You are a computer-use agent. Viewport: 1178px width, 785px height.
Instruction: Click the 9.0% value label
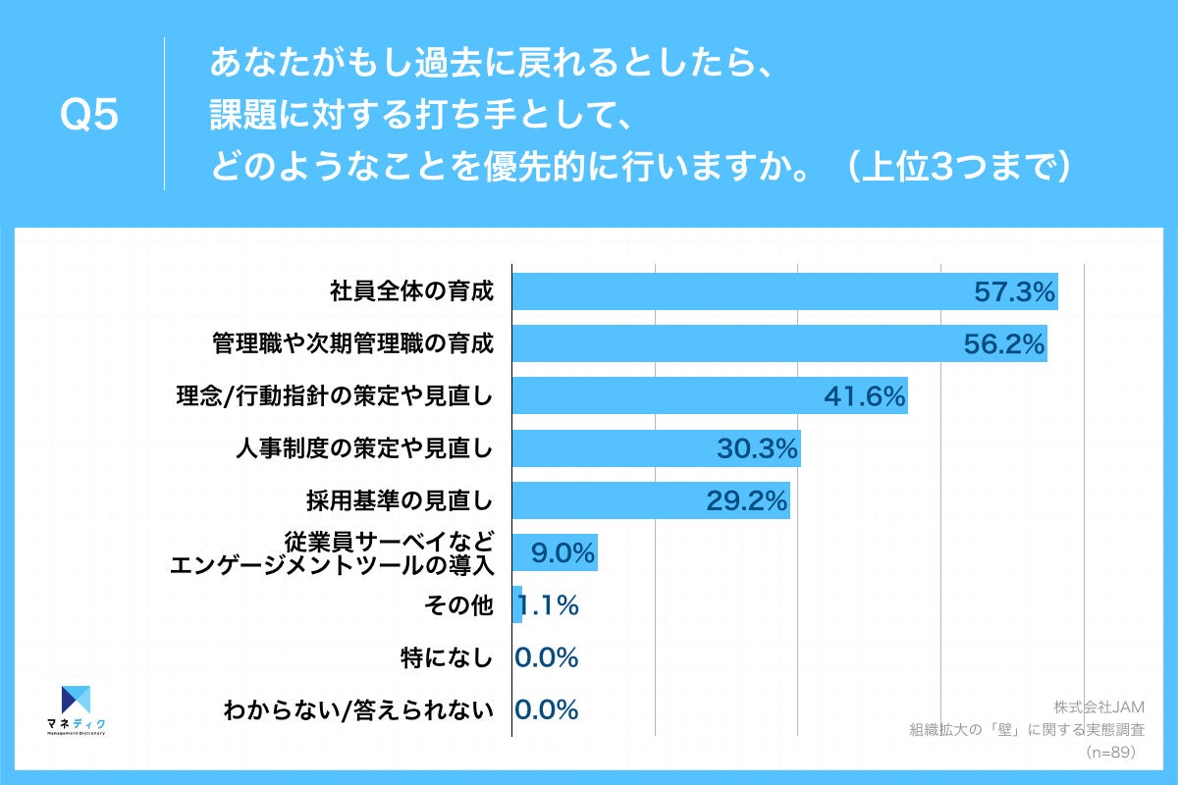(562, 553)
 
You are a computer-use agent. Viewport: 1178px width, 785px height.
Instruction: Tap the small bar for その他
(517, 605)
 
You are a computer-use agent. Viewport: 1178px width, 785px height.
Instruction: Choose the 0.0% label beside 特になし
(547, 658)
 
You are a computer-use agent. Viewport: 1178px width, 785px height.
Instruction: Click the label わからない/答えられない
(357, 710)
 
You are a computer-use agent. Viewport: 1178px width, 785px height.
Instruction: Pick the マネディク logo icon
(76, 701)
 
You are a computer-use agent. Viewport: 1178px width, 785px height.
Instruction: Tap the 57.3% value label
(1013, 291)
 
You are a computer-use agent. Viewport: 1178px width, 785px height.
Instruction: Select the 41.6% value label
(863, 396)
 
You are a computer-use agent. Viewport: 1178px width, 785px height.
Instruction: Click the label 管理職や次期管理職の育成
(351, 343)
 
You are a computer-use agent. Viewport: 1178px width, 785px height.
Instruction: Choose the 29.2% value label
(746, 501)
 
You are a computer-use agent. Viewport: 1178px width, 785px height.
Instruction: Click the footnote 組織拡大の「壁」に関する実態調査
(1028, 729)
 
